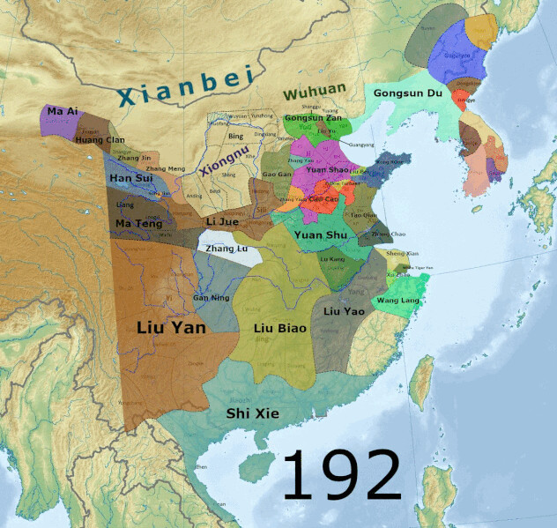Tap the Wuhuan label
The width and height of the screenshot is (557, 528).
(314, 92)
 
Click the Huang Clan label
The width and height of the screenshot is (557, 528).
(100, 139)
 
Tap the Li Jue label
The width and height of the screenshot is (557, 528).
(222, 220)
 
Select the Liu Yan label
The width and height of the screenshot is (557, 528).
(171, 327)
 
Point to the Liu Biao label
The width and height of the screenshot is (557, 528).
(278, 329)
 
